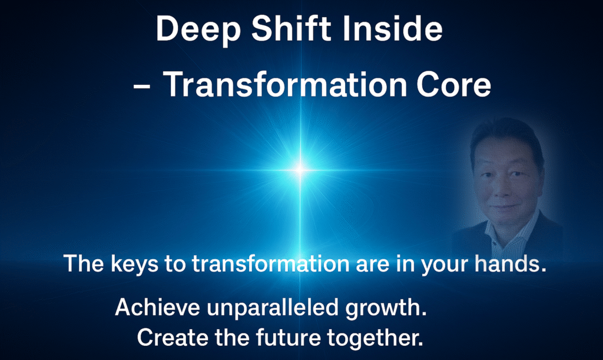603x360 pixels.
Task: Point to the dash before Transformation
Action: point(141,87)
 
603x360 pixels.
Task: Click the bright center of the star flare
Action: point(300,170)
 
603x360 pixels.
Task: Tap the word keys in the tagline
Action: point(134,265)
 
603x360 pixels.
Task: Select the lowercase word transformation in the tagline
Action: point(271,264)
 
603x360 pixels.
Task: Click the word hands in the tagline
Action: point(511,263)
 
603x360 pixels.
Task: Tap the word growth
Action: point(386,309)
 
